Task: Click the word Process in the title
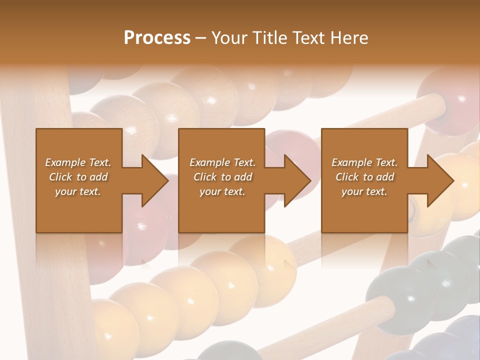coord(157,38)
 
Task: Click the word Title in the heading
coord(269,38)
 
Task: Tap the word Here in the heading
coord(349,38)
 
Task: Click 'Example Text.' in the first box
coord(78,162)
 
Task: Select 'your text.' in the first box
coord(78,191)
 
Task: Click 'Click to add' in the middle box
coord(222,177)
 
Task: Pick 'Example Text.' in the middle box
coord(222,162)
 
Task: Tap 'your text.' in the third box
coord(364,191)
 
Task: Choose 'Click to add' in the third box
coord(364,177)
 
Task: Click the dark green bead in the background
coord(400,295)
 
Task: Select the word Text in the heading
coord(308,38)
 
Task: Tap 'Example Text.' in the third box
coord(364,162)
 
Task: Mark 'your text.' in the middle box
coord(222,191)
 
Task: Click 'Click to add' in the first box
coord(78,177)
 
